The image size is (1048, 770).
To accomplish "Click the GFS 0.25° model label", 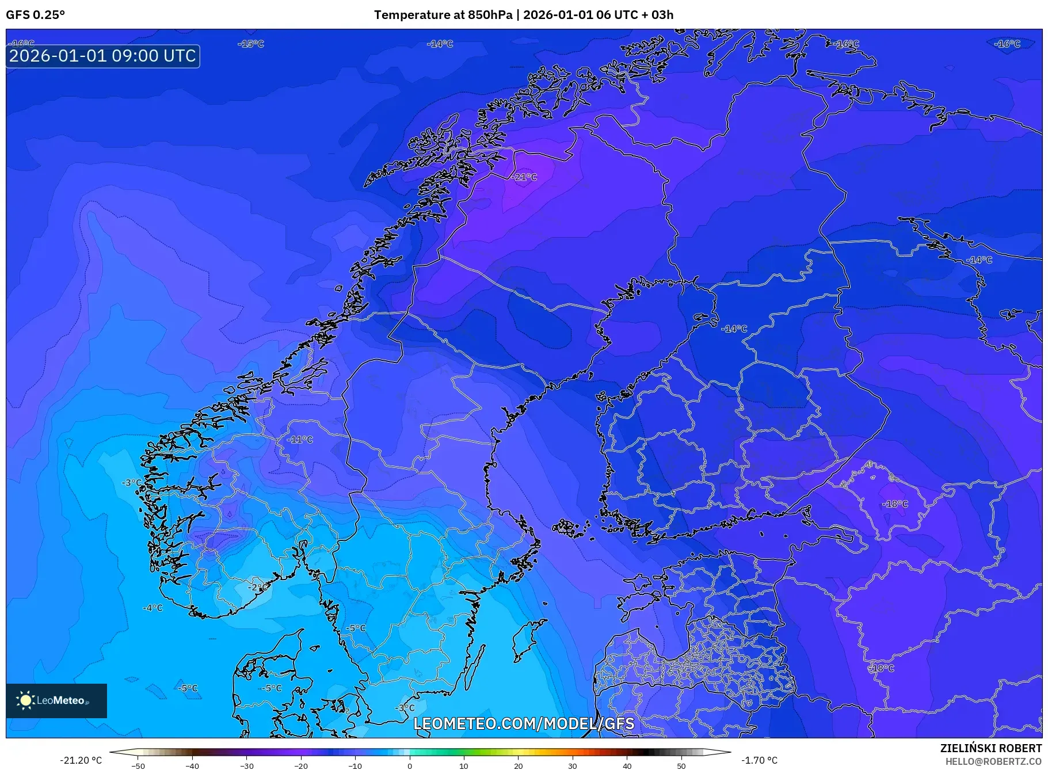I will [35, 15].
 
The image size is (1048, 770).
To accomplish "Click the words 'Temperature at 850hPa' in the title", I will [443, 15].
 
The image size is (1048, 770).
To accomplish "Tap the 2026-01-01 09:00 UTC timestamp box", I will [103, 56].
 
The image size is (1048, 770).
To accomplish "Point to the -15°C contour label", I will [251, 44].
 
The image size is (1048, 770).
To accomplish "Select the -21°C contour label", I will [524, 177].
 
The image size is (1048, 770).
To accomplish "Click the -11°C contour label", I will [300, 440].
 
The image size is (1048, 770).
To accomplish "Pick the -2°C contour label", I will [257, 587].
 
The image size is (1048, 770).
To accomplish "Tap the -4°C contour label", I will [153, 608].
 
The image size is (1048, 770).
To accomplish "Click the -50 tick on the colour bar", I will [138, 766].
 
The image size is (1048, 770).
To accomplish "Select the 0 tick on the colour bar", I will [410, 766].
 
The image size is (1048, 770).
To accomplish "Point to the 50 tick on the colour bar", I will [681, 766].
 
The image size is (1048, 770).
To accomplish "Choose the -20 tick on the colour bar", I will [301, 766].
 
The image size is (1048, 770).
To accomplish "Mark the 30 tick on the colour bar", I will [573, 766].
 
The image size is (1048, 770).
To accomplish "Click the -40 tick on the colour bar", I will [192, 766].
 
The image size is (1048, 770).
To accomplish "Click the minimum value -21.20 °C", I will [81, 760].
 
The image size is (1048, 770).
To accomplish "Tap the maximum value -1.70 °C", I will [759, 760].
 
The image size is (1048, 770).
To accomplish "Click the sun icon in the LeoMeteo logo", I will [25, 700].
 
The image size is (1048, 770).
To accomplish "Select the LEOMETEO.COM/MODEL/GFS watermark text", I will [524, 723].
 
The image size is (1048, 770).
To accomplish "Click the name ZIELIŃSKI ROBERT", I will [990, 748].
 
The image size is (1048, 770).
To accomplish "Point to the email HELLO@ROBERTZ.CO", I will [993, 761].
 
